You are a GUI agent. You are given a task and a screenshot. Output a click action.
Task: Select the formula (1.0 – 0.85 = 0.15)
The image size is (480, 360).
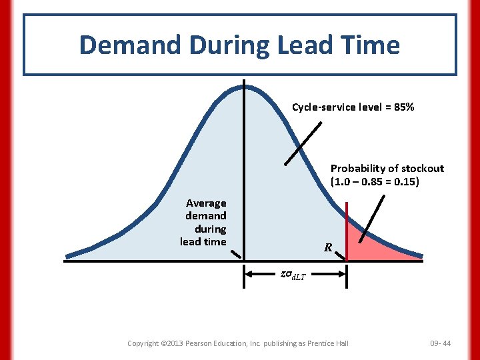[375, 181]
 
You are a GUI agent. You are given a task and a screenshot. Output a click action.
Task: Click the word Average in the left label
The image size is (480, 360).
[206, 203]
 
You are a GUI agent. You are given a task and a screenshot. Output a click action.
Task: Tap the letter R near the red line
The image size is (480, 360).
[328, 248]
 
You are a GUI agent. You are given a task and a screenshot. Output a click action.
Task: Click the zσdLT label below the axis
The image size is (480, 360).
[294, 274]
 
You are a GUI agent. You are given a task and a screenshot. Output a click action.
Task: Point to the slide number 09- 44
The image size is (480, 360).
[441, 343]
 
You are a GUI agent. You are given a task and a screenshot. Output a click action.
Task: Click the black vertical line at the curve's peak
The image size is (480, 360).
[243, 167]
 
